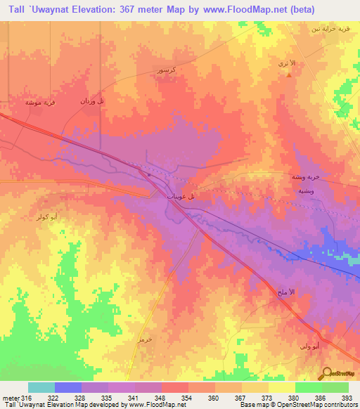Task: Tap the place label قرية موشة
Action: tap(41, 102)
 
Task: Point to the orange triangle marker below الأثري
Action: tap(288, 75)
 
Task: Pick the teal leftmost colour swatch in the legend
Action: tap(41, 387)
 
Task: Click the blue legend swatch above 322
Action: tap(67, 387)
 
